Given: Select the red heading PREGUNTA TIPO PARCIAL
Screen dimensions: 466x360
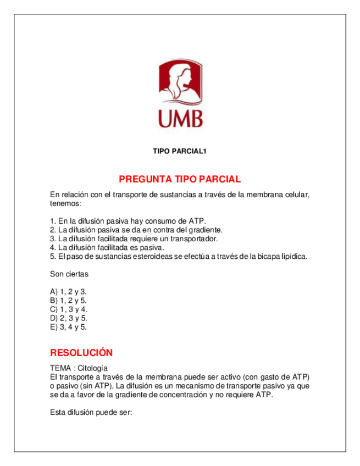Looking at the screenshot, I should click(180, 179).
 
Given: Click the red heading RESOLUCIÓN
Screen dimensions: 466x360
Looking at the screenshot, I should click(81, 352).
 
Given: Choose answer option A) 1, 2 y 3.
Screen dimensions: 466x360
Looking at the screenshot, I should click(68, 292).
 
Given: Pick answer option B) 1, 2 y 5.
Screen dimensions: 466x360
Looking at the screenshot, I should click(68, 301).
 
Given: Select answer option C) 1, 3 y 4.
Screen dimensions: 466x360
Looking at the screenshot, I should click(68, 309).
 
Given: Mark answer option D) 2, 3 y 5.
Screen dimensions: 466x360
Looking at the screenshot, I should click(68, 318).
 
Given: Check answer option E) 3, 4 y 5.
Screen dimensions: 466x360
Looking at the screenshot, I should click(68, 327).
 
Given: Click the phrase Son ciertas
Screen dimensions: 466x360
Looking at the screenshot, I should click(69, 274).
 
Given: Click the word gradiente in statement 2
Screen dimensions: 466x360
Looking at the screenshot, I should click(205, 230).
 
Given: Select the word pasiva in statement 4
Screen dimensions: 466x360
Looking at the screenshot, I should click(150, 247).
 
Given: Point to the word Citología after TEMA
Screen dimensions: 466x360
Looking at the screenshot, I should click(93, 368).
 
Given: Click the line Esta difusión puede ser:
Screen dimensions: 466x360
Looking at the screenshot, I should click(91, 412).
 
